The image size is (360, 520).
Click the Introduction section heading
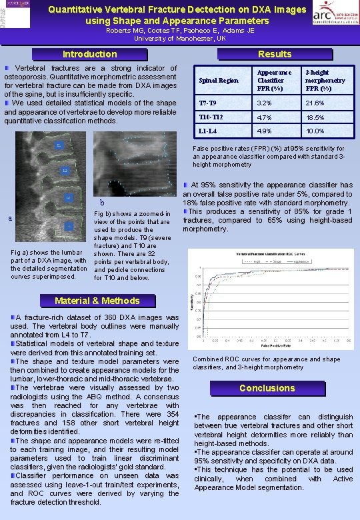pos(89,54)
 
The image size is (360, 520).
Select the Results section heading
pos(275,54)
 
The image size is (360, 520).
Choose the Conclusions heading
pos(267,388)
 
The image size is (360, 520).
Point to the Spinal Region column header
pos(219,81)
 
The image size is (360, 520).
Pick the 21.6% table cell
pos(315,103)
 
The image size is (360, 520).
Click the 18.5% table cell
pos(315,117)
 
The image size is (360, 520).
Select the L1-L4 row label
pos(209,131)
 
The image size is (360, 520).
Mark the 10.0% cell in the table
pos(315,131)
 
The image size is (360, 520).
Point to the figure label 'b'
pos(102,202)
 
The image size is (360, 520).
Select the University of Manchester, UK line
pos(181,39)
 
